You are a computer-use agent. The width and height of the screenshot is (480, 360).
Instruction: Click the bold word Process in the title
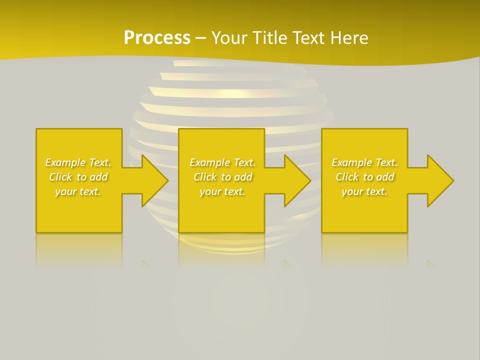(x=157, y=38)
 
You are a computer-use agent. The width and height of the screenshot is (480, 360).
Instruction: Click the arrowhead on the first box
(x=155, y=180)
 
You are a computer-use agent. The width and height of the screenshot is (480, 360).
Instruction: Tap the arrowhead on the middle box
(x=298, y=180)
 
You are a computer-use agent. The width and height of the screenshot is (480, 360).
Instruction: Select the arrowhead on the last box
(x=440, y=180)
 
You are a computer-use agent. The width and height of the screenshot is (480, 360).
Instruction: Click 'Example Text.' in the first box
(x=78, y=162)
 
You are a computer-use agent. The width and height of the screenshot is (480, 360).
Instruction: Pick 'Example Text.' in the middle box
(x=222, y=162)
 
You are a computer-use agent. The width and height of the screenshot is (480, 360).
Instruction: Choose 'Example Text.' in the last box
(x=364, y=162)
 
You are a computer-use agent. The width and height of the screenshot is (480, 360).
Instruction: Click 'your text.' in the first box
(x=78, y=191)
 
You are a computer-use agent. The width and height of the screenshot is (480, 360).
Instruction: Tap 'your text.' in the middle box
(x=222, y=191)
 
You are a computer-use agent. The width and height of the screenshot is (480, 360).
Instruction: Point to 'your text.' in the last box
(x=364, y=191)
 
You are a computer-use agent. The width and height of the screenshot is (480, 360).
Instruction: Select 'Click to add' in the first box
(x=78, y=177)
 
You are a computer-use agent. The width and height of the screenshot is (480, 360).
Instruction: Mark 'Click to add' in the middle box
(x=222, y=177)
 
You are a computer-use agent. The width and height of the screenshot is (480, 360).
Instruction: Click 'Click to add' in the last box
(x=364, y=177)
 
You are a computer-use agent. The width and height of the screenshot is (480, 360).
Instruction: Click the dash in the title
(x=201, y=38)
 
